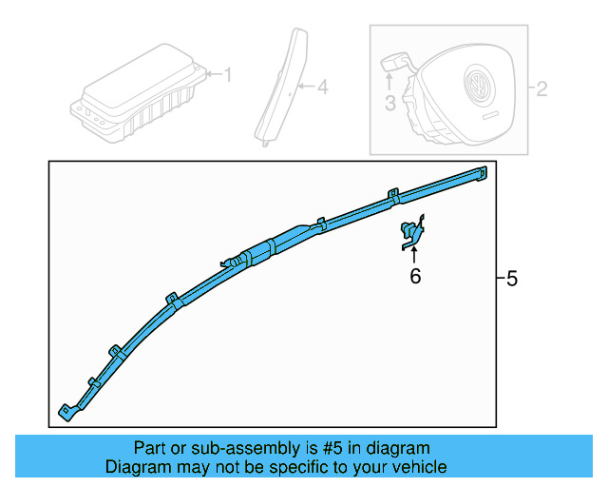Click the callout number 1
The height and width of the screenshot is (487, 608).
pyautogui.click(x=228, y=74)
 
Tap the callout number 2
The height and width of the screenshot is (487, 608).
pyautogui.click(x=541, y=88)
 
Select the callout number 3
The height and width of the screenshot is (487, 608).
pyautogui.click(x=390, y=104)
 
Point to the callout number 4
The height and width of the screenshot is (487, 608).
pyautogui.click(x=323, y=87)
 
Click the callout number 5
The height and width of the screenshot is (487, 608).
pyautogui.click(x=512, y=279)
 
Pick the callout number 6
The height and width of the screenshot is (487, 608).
pyautogui.click(x=415, y=276)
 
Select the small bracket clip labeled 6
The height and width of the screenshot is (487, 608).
pyautogui.click(x=412, y=232)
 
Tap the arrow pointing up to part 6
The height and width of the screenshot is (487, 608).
pyautogui.click(x=414, y=255)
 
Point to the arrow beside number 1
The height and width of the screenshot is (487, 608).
pyautogui.click(x=215, y=74)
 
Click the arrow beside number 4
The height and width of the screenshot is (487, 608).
pyautogui.click(x=308, y=86)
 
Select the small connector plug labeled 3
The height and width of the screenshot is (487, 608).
pyautogui.click(x=393, y=62)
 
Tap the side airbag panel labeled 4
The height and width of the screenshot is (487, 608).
pyautogui.click(x=281, y=87)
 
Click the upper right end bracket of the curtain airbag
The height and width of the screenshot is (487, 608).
pyautogui.click(x=482, y=173)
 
